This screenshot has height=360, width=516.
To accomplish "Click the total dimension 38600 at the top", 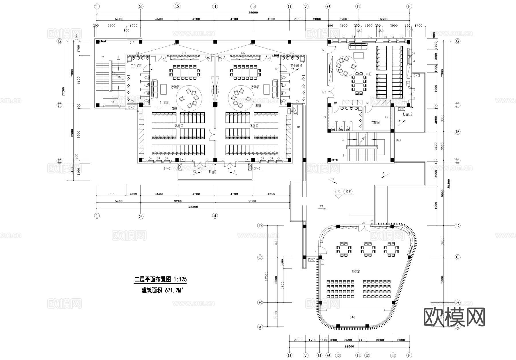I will click(253, 13).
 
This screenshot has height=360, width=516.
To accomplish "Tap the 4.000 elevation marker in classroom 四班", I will click(164, 103).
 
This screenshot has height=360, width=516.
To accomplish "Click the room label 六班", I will click(368, 74).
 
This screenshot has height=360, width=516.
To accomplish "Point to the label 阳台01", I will click(213, 172).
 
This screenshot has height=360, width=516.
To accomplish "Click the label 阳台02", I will click(407, 114).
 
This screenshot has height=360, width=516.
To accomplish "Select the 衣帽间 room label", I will click(375, 122).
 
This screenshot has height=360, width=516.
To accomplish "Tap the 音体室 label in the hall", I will click(355, 271).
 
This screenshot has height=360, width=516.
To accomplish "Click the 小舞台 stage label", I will click(352, 318).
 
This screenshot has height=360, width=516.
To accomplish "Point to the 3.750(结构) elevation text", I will click(343, 191).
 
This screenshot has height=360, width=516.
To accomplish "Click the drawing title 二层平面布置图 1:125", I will click(161, 279).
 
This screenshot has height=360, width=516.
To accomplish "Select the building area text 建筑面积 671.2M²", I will click(162, 290).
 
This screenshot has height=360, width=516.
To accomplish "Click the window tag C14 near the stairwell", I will click(132, 43).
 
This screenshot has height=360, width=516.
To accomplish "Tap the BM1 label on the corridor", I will click(298, 127).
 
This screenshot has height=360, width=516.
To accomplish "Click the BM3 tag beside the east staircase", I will click(398, 141).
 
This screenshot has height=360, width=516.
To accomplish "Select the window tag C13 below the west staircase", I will click(112, 102).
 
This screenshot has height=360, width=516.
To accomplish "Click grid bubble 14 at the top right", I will click(409, 6).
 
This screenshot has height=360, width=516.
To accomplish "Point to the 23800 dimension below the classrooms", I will click(193, 207).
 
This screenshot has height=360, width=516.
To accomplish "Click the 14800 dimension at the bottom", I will click(349, 346).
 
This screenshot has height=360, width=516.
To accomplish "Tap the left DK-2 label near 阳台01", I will click(167, 169).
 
